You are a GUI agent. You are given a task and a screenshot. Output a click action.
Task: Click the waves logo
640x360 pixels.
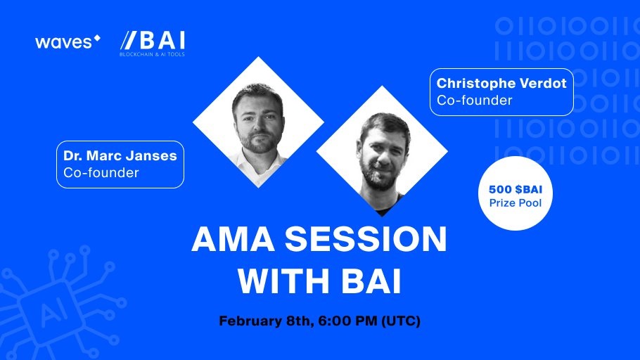click(68, 41)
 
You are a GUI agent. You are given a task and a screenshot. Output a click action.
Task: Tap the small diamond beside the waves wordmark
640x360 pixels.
click(97, 39)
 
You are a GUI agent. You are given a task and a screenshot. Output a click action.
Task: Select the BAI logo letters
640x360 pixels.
click(153, 41)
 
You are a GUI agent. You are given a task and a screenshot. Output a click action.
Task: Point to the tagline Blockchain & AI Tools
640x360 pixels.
click(152, 54)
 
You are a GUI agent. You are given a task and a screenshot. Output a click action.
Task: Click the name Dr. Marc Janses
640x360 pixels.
click(120, 155)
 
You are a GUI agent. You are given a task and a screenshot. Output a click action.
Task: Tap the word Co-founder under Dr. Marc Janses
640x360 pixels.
click(101, 173)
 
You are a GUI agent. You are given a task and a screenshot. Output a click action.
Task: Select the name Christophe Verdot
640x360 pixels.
click(501, 83)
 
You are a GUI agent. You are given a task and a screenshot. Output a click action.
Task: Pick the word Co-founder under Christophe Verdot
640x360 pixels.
click(474, 101)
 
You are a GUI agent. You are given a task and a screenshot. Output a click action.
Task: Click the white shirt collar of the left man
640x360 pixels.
click(257, 162)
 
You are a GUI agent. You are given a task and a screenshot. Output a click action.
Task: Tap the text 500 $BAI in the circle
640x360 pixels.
click(516, 189)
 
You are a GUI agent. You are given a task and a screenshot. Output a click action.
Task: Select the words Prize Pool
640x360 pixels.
click(516, 203)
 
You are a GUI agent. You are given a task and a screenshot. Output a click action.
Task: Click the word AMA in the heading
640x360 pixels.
click(233, 239)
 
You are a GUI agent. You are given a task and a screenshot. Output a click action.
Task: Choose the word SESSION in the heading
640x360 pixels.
click(366, 239)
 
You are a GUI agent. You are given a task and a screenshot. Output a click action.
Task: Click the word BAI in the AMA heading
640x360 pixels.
click(371, 281)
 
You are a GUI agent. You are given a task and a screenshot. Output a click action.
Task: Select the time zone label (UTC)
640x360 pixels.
click(401, 321)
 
